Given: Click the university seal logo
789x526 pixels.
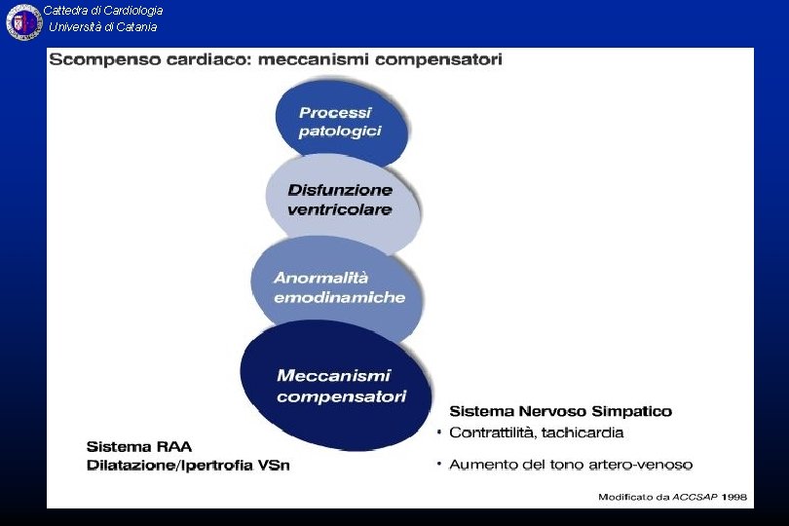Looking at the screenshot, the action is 23,22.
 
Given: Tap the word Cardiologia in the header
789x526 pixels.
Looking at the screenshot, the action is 130,11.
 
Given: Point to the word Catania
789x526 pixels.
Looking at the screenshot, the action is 135,27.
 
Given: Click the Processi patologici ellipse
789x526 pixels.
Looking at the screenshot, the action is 340,122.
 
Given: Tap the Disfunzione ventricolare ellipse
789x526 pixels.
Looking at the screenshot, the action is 341,200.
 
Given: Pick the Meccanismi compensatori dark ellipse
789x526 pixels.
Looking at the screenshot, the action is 336,386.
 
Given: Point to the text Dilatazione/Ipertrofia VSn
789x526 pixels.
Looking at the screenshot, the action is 188,465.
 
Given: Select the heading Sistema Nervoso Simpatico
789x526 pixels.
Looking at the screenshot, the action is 560,412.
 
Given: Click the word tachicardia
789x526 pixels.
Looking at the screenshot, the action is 583,432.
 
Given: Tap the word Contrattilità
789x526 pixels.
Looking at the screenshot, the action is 491,432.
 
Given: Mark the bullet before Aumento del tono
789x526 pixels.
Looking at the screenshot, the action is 439,463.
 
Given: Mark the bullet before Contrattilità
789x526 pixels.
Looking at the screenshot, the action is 439,431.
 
